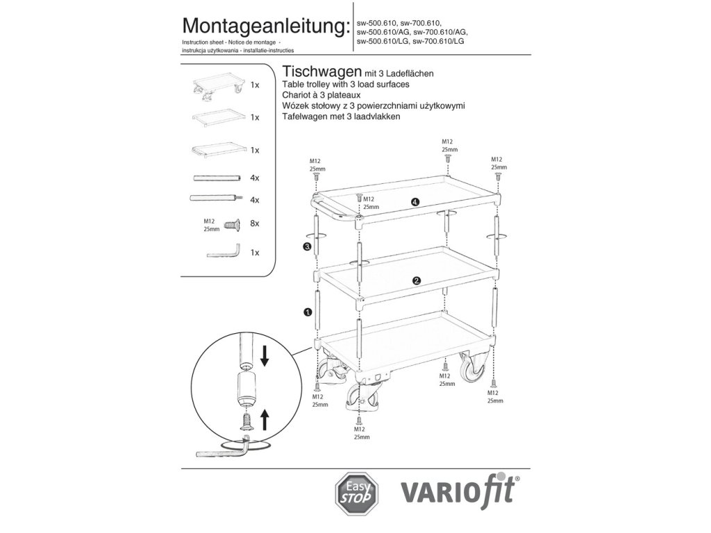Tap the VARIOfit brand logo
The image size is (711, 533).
click(461, 493)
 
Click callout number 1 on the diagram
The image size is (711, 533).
click(307, 313)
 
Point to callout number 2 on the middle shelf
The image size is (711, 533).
click(416, 280)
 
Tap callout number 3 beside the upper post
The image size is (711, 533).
click(306, 246)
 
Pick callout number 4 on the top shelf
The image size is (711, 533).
click(415, 202)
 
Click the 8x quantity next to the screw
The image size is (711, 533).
click(254, 223)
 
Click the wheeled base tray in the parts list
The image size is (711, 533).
click(218, 86)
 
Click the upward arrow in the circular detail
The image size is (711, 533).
click(265, 418)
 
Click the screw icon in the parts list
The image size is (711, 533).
click(231, 223)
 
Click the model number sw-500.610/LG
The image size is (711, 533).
click(382, 41)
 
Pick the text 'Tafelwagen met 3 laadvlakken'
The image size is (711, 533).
click(342, 117)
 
